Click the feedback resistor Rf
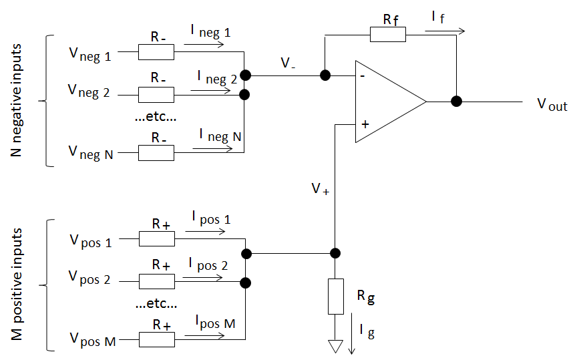click(387, 35)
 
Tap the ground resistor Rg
click(336, 296)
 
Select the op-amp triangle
click(387, 102)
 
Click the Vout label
click(552, 105)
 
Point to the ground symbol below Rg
click(336, 347)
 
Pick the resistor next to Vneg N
click(156, 152)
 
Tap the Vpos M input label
click(92, 341)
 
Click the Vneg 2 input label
click(89, 91)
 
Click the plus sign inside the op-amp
click(364, 124)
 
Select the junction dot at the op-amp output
click(456, 102)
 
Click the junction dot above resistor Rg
click(336, 253)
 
